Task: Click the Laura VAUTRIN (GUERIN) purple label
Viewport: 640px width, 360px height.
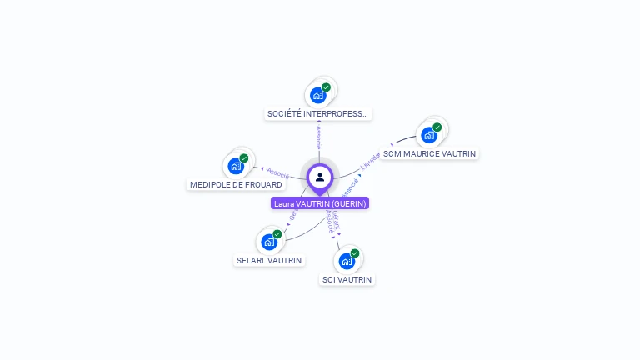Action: pyautogui.click(x=320, y=203)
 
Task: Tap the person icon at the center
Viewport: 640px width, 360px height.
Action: pyautogui.click(x=320, y=177)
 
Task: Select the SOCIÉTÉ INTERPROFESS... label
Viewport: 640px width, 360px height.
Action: pyautogui.click(x=318, y=113)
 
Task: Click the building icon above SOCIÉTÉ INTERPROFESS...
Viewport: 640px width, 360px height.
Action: pyautogui.click(x=318, y=95)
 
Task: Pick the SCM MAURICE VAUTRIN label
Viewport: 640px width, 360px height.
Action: pyautogui.click(x=430, y=153)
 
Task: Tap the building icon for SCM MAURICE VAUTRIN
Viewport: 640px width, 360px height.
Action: pyautogui.click(x=429, y=135)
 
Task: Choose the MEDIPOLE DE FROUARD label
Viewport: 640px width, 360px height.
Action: pyautogui.click(x=236, y=184)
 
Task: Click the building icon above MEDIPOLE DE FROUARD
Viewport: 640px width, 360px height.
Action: pyautogui.click(x=236, y=166)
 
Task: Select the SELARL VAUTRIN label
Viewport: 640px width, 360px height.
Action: pyautogui.click(x=269, y=260)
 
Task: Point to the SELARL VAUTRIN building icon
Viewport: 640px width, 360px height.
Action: pyautogui.click(x=269, y=242)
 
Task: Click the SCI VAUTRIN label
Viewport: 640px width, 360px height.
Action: pyautogui.click(x=347, y=279)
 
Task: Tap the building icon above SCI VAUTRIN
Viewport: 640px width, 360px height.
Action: pyautogui.click(x=347, y=261)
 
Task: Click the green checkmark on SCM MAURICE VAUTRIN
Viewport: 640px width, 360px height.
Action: pyautogui.click(x=437, y=127)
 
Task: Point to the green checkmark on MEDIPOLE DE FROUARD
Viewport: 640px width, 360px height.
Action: pyautogui.click(x=244, y=158)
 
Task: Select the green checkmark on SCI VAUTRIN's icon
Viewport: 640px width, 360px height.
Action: pyautogui.click(x=355, y=253)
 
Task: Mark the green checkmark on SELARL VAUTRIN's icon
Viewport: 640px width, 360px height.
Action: pyautogui.click(x=277, y=234)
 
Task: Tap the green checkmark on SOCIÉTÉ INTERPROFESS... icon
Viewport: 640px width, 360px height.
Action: pyautogui.click(x=327, y=87)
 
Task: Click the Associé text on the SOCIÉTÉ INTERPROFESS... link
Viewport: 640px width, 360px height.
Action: pyautogui.click(x=318, y=137)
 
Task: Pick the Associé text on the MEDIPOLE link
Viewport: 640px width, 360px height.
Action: pyautogui.click(x=277, y=172)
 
